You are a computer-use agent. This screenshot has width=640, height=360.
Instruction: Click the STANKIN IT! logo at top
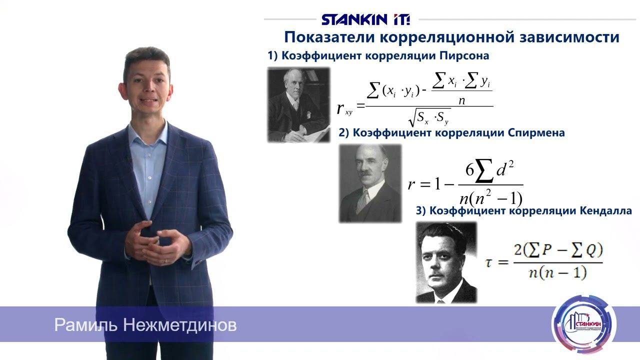coord(365,19)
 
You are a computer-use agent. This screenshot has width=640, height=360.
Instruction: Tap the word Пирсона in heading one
coord(462,56)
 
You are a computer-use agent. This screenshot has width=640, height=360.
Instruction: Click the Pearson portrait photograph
coord(298,105)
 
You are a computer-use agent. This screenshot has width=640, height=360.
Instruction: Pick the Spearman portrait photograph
coord(370,183)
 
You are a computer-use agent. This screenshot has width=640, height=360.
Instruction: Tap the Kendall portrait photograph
coord(446,263)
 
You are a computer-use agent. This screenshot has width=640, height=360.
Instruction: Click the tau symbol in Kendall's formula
coord(490,262)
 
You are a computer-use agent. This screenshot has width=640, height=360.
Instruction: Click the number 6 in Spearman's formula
coord(469,170)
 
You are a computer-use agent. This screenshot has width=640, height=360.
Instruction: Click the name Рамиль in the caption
coord(85,325)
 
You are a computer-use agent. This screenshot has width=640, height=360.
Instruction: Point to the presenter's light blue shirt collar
coord(148,131)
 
